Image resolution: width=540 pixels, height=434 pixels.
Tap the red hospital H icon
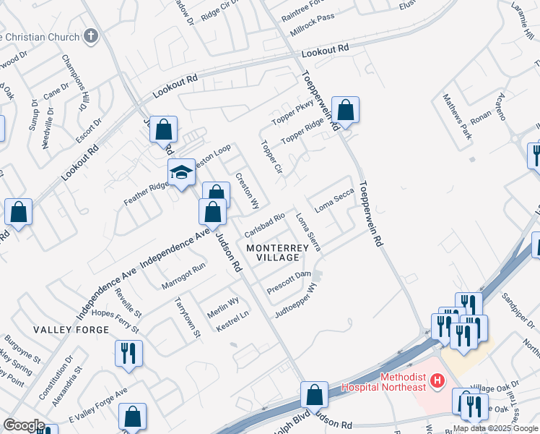435,379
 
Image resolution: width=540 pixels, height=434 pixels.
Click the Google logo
23,425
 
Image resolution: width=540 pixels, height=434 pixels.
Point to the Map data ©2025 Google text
496,428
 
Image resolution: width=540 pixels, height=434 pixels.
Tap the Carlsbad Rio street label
266,225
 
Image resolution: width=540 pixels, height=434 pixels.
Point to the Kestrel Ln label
232,322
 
